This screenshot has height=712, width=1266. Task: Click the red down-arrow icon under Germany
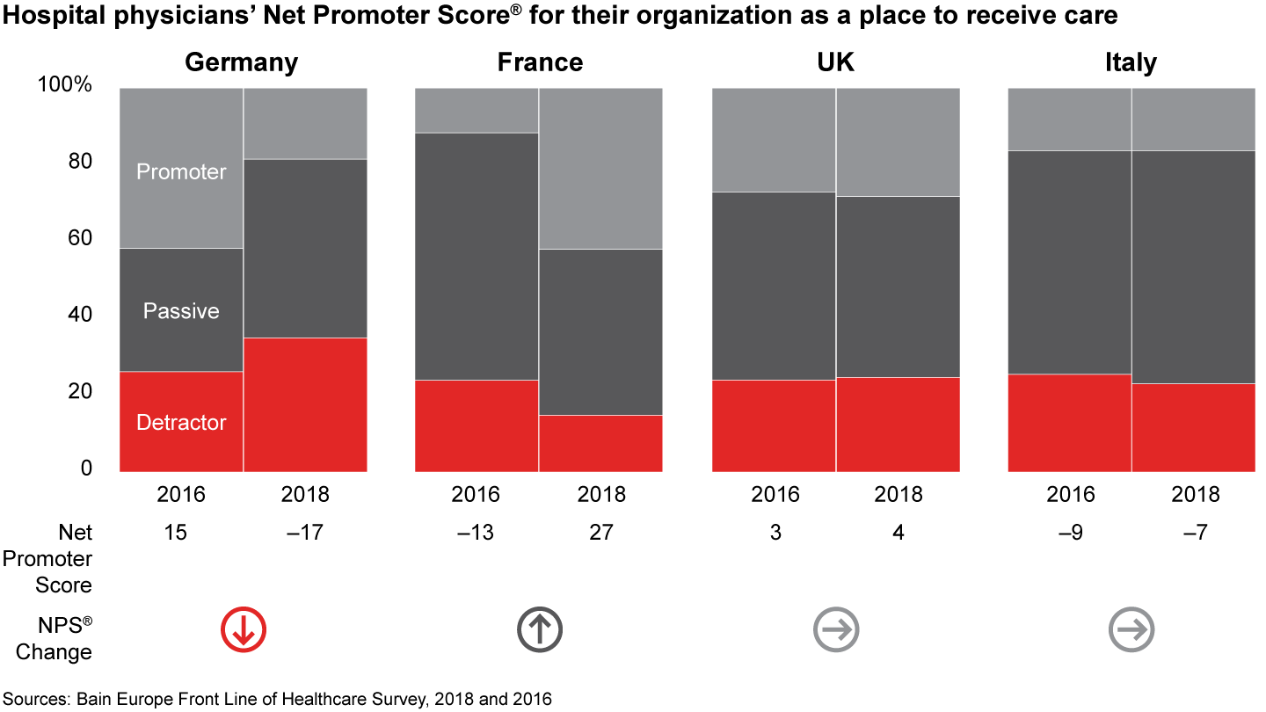243,629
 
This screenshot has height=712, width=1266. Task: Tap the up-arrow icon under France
539,629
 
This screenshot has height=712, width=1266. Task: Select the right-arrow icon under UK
835,629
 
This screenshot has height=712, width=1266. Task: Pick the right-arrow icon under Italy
1131,629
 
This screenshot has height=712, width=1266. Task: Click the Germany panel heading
241,63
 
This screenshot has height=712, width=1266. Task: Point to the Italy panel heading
1130,63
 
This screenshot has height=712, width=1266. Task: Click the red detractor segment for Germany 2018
305,404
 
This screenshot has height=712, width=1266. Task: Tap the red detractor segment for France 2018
600,443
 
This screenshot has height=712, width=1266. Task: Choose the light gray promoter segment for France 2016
477,111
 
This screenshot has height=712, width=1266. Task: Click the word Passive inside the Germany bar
181,311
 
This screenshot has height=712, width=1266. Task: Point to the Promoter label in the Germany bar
181,172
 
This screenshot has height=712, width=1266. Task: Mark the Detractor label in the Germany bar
181,423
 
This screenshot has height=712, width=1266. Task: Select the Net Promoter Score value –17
304,533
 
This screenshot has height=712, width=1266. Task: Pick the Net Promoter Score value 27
600,533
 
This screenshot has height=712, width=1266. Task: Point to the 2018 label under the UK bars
898,495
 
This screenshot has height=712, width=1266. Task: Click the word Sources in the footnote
37,699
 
